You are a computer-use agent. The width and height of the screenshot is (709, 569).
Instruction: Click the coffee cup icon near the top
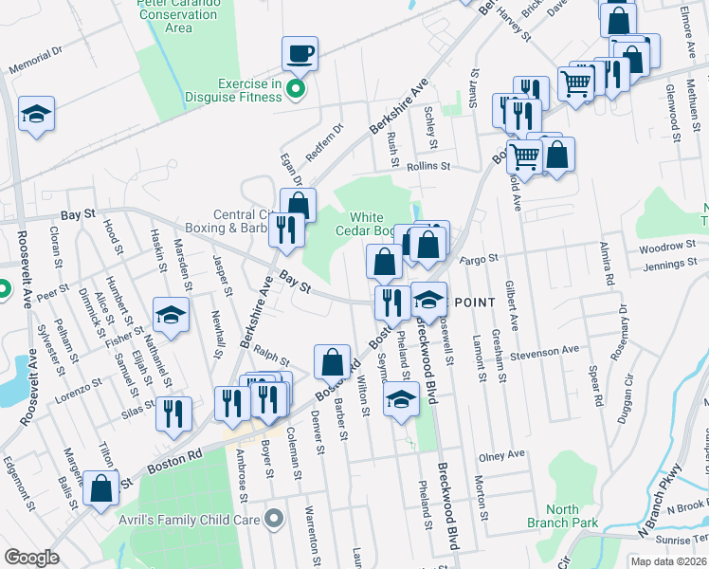(x=300, y=53)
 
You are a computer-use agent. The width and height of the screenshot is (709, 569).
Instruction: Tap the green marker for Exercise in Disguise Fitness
(x=295, y=90)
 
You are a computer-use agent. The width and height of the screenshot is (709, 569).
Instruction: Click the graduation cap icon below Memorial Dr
(x=36, y=115)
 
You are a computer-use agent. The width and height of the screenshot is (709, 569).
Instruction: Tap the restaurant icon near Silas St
(x=173, y=413)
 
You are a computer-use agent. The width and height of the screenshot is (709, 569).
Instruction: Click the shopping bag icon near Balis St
(x=100, y=487)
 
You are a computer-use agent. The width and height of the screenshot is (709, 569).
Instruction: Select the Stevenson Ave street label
(x=544, y=350)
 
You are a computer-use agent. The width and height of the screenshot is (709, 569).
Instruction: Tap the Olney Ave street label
(x=501, y=455)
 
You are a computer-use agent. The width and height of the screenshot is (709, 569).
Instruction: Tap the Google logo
(x=32, y=557)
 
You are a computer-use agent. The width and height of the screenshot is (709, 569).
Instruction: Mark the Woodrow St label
(x=667, y=246)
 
